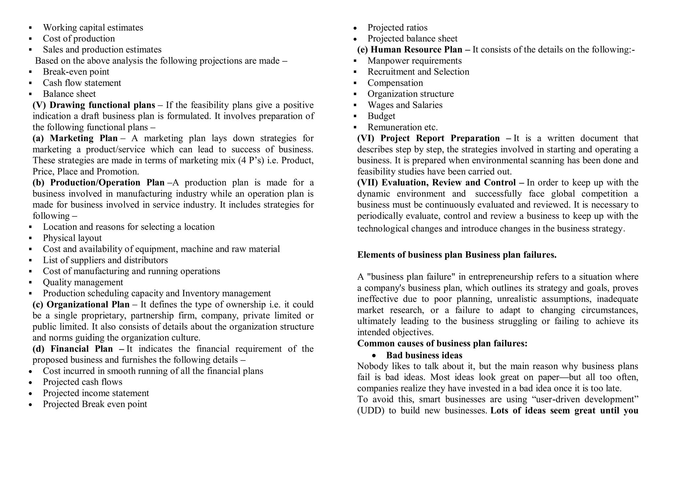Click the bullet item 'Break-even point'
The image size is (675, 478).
[x=76, y=72]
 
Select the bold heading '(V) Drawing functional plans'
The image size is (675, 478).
[x=94, y=105]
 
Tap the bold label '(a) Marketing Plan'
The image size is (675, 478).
[x=75, y=138]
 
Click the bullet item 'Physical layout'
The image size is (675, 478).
[x=72, y=238]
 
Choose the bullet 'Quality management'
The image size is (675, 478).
[x=83, y=282]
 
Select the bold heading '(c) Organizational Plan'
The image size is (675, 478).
[x=81, y=304]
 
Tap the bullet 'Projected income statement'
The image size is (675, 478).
[x=96, y=393]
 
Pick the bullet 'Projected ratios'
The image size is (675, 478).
[x=397, y=28]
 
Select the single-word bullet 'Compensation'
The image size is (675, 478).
[x=395, y=83]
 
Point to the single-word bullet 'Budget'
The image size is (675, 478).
[x=381, y=116]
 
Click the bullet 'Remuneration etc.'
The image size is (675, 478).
[x=402, y=127]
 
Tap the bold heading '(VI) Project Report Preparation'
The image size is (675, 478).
[x=428, y=138]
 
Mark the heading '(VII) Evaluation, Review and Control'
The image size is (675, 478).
[x=436, y=183]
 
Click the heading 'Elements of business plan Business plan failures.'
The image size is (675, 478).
[x=456, y=255]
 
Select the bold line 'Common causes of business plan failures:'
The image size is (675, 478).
[x=442, y=344]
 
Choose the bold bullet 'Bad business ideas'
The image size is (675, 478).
[x=424, y=355]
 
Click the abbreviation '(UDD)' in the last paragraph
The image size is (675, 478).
[x=370, y=411]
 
